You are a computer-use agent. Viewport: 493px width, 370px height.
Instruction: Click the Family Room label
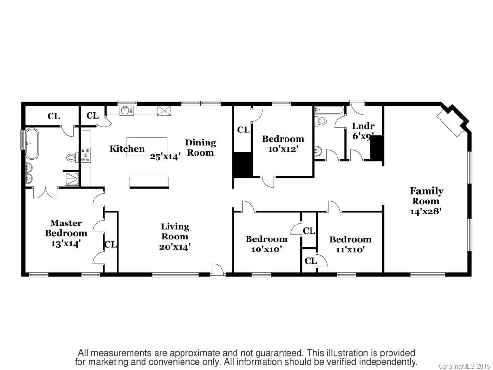pos(426,200)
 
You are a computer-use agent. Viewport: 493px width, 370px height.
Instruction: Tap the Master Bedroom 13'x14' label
pos(66,233)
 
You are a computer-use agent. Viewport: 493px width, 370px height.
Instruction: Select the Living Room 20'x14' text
pos(175,237)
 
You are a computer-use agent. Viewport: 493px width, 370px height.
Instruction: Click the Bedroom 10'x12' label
pos(283,144)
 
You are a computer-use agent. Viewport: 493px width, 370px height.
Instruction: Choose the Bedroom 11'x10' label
pos(350,244)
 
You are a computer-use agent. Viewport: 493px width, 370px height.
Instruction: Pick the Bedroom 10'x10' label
pos(266,244)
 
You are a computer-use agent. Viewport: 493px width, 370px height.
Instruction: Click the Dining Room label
pos(200,147)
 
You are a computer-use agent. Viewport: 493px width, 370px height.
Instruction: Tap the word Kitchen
pos(127,148)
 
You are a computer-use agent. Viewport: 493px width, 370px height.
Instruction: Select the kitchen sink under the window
pos(126,111)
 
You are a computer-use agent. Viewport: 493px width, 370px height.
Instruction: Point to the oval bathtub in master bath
pos(32,143)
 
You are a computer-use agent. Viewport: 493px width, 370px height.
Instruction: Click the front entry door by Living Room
pos(218,271)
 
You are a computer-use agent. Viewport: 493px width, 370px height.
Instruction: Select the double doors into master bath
pos(45,192)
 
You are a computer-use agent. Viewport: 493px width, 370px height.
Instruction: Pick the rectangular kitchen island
pos(147,146)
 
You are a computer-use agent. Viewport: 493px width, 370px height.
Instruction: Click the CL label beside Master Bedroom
pos(110,244)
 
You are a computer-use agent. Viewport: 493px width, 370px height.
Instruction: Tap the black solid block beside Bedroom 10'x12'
pos(242,164)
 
